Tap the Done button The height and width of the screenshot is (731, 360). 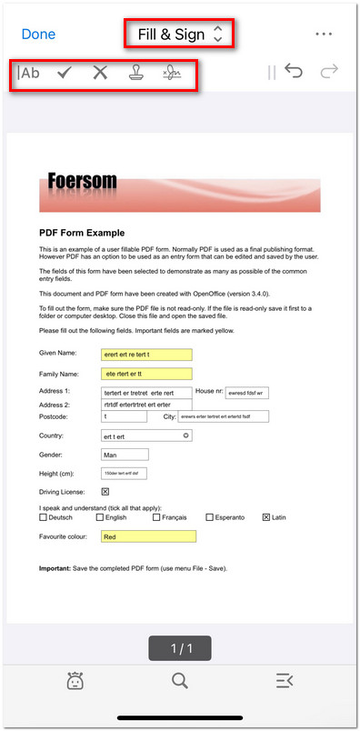pyautogui.click(x=38, y=35)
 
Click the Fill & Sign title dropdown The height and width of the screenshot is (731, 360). pyautogui.click(x=179, y=35)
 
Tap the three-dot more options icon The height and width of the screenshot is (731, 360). pyautogui.click(x=325, y=34)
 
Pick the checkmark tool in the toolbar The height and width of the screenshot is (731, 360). pyautogui.click(x=65, y=73)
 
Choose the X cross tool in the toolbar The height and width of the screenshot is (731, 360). pyautogui.click(x=100, y=73)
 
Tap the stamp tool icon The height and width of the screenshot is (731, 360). pyautogui.click(x=135, y=73)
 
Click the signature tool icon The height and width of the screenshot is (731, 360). pyautogui.click(x=173, y=73)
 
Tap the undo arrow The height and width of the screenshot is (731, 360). pyautogui.click(x=293, y=72)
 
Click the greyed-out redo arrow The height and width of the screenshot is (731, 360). pyautogui.click(x=328, y=72)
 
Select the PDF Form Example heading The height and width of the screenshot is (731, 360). pyautogui.click(x=82, y=233)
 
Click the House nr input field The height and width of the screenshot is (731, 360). pyautogui.click(x=246, y=393)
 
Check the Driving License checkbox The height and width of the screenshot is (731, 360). pyautogui.click(x=105, y=492)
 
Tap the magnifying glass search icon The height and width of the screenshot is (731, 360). pyautogui.click(x=180, y=680)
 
